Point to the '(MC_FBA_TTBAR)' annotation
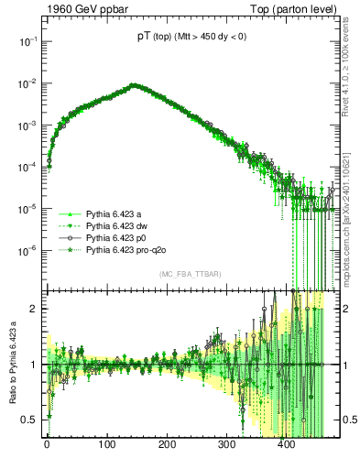189,275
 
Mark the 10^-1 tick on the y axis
27,41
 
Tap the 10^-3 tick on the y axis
27,125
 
